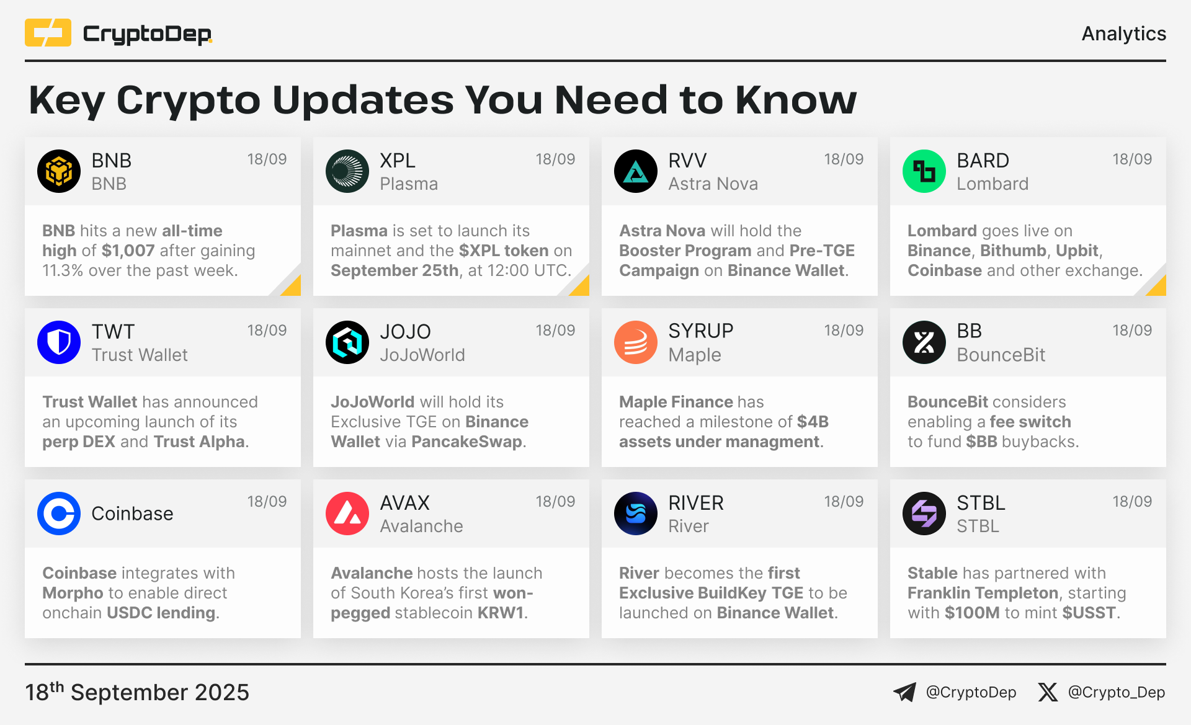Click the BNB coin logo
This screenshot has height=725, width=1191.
[59, 171]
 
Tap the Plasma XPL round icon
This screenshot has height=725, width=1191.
[347, 171]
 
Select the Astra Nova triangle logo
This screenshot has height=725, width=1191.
[636, 171]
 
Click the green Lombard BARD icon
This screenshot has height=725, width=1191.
[924, 171]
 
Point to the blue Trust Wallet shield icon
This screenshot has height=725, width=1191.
[59, 342]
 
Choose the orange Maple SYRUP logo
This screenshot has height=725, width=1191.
[636, 342]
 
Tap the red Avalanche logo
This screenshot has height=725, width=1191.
[347, 514]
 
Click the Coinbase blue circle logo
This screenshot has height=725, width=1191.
[59, 514]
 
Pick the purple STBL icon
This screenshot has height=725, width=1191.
[924, 514]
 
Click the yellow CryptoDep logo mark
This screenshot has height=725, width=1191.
[48, 33]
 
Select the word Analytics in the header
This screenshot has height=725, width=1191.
[1124, 33]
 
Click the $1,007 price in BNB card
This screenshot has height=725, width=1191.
[128, 251]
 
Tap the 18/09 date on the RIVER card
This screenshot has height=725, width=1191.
[844, 502]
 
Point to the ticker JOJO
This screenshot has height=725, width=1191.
[405, 331]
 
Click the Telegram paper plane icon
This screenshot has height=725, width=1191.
[904, 692]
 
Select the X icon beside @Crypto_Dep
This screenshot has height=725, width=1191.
[1048, 692]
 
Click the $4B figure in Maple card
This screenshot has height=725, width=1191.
[813, 422]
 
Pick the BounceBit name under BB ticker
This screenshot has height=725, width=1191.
[1001, 355]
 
